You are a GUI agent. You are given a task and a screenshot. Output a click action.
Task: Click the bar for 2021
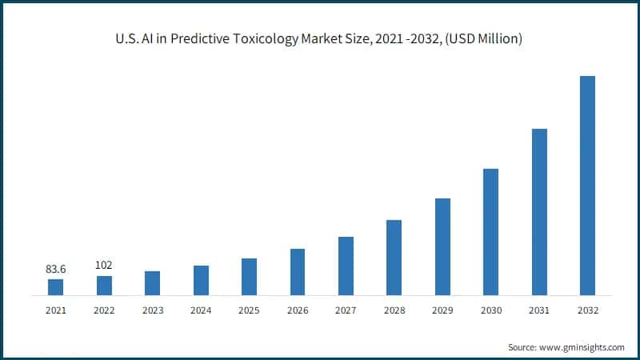point(56,287)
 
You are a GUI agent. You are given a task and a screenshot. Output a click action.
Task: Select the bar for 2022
point(104,286)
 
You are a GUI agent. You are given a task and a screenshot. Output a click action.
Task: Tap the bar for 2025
point(249,277)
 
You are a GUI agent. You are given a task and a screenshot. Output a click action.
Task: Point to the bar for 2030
point(490,232)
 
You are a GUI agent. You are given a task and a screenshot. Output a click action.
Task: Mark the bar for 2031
point(538,212)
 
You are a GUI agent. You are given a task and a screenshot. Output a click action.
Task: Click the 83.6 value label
point(56,270)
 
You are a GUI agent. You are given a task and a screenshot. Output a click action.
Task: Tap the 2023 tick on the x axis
point(152,310)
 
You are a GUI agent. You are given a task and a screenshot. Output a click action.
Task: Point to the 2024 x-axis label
point(201,310)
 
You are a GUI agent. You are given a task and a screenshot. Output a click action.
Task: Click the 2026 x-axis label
point(298,310)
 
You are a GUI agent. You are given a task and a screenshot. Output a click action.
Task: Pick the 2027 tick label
point(346,310)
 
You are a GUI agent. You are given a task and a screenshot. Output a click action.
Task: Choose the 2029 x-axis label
point(442,310)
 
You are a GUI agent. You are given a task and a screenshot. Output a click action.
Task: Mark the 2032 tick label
point(587,310)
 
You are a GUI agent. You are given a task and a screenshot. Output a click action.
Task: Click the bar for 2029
point(442,247)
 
